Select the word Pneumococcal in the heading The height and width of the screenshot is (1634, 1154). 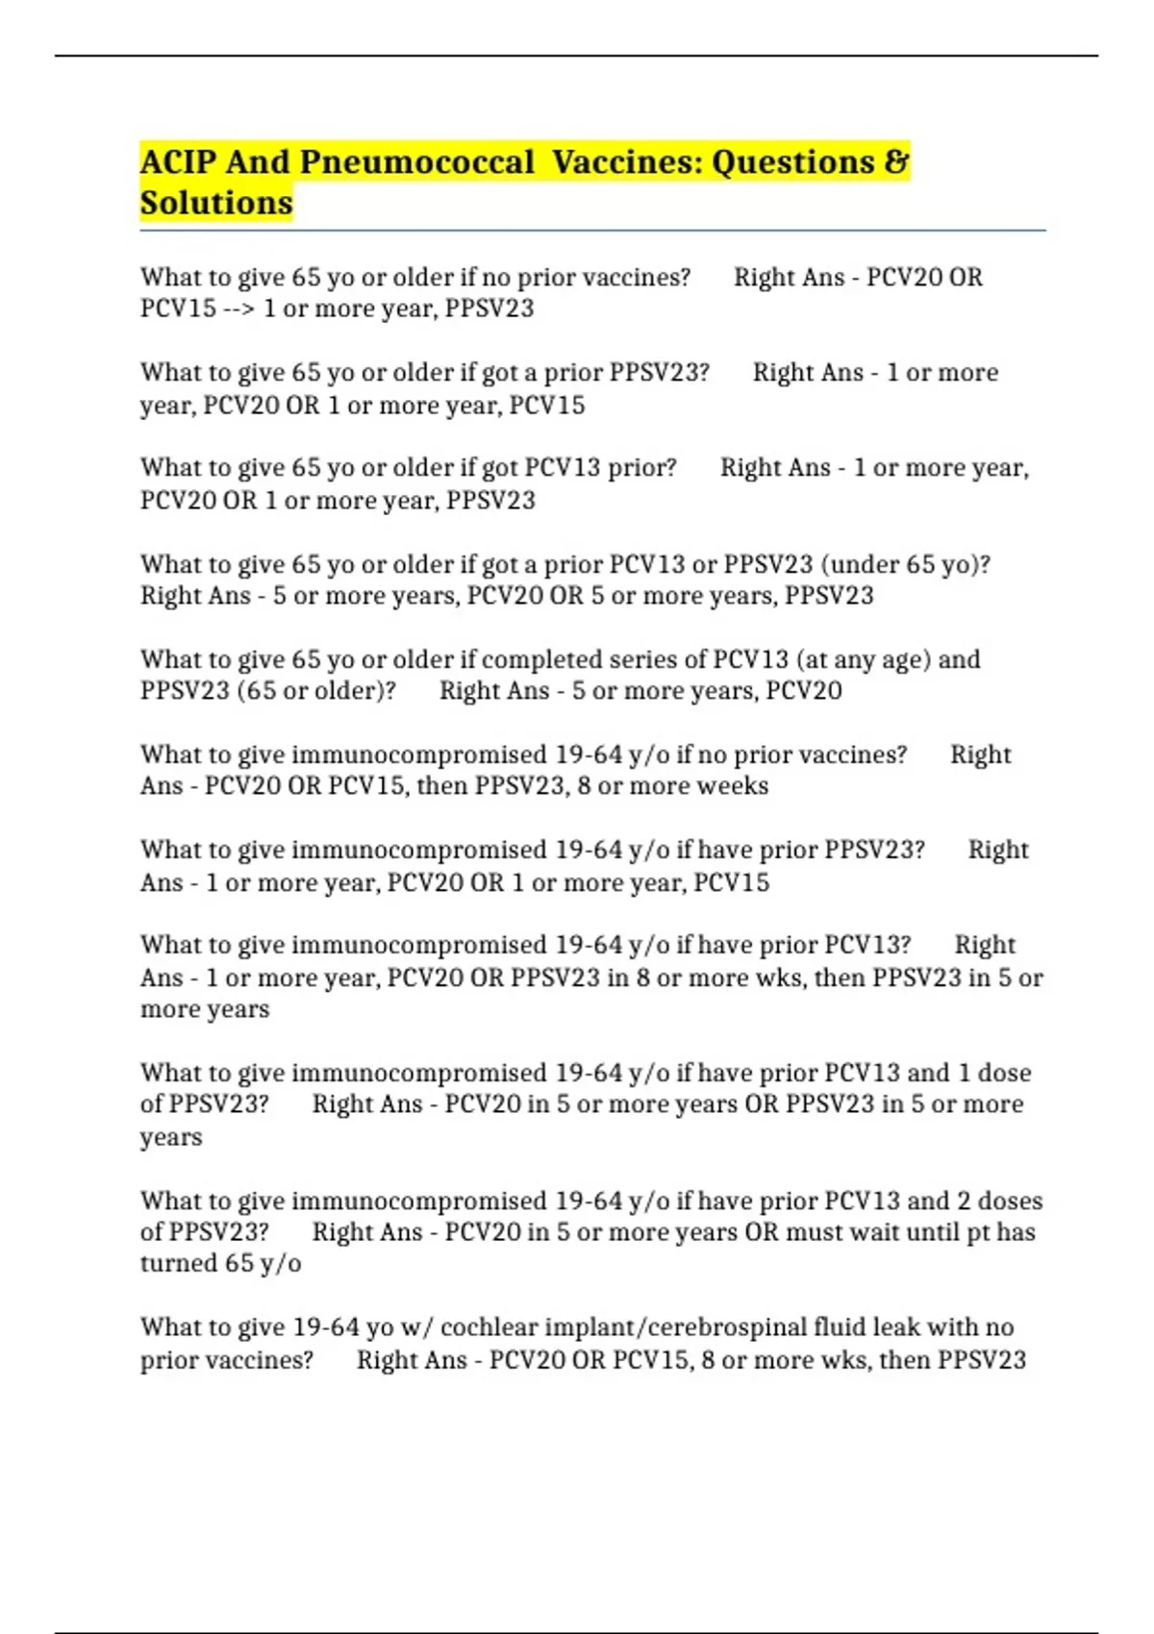tap(416, 161)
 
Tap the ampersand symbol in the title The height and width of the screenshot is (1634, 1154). tap(896, 161)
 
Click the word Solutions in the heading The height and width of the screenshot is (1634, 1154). tap(216, 203)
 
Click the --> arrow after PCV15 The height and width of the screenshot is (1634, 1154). tap(239, 309)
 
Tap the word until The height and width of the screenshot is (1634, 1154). tap(931, 1232)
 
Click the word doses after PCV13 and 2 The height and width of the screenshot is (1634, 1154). tap(1010, 1201)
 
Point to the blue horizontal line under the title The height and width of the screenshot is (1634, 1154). tap(592, 232)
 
